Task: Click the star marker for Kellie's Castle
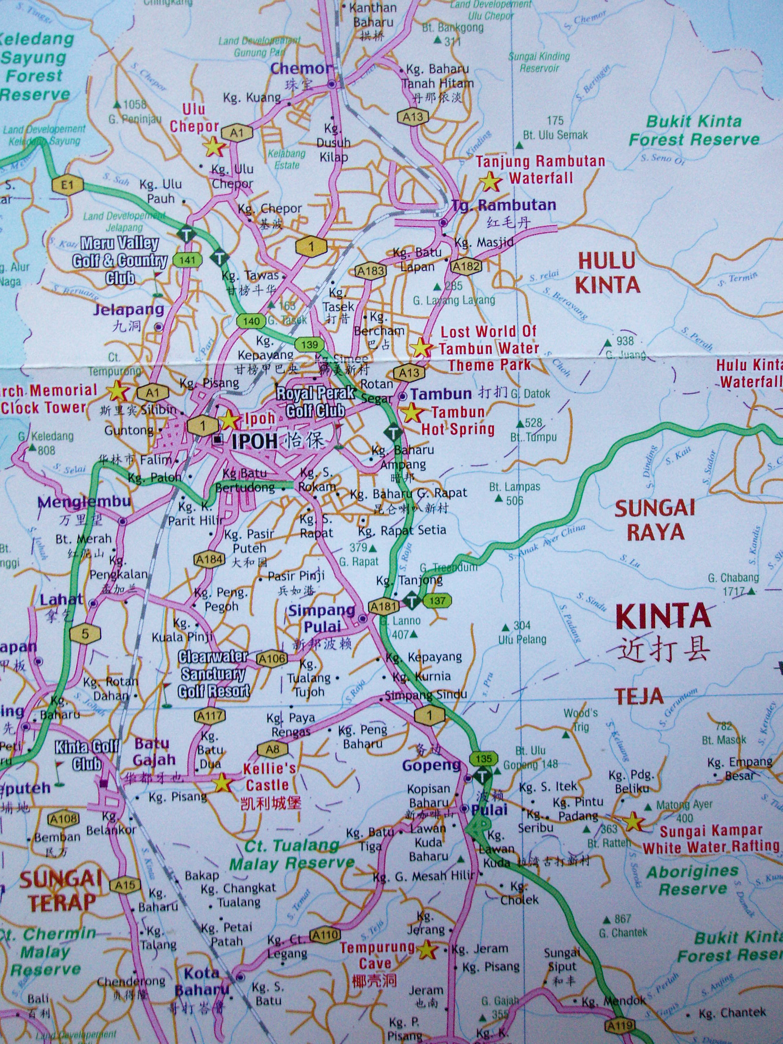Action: click(x=222, y=783)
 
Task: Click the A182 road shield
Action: click(x=466, y=267)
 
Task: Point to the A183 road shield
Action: click(x=371, y=270)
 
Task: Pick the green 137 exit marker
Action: click(x=437, y=601)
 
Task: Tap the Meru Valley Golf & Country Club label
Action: click(x=119, y=260)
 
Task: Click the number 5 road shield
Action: click(x=85, y=633)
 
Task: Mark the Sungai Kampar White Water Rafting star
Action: click(x=633, y=823)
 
